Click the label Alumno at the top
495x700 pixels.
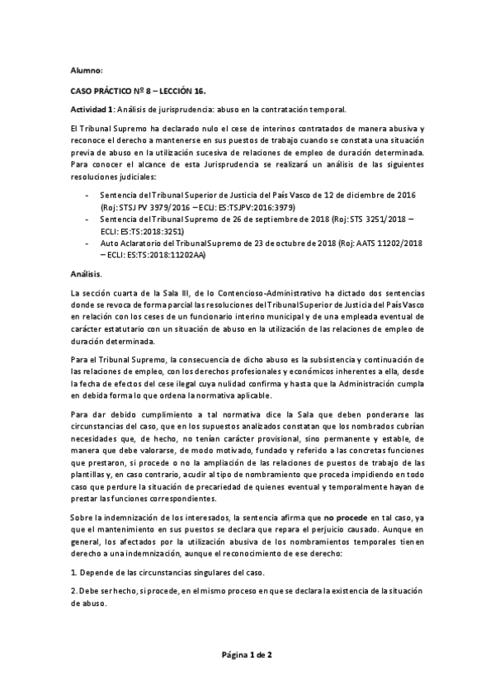coord(86,70)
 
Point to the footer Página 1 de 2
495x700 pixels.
coord(247,655)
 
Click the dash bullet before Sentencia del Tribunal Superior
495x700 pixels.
coord(88,194)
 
